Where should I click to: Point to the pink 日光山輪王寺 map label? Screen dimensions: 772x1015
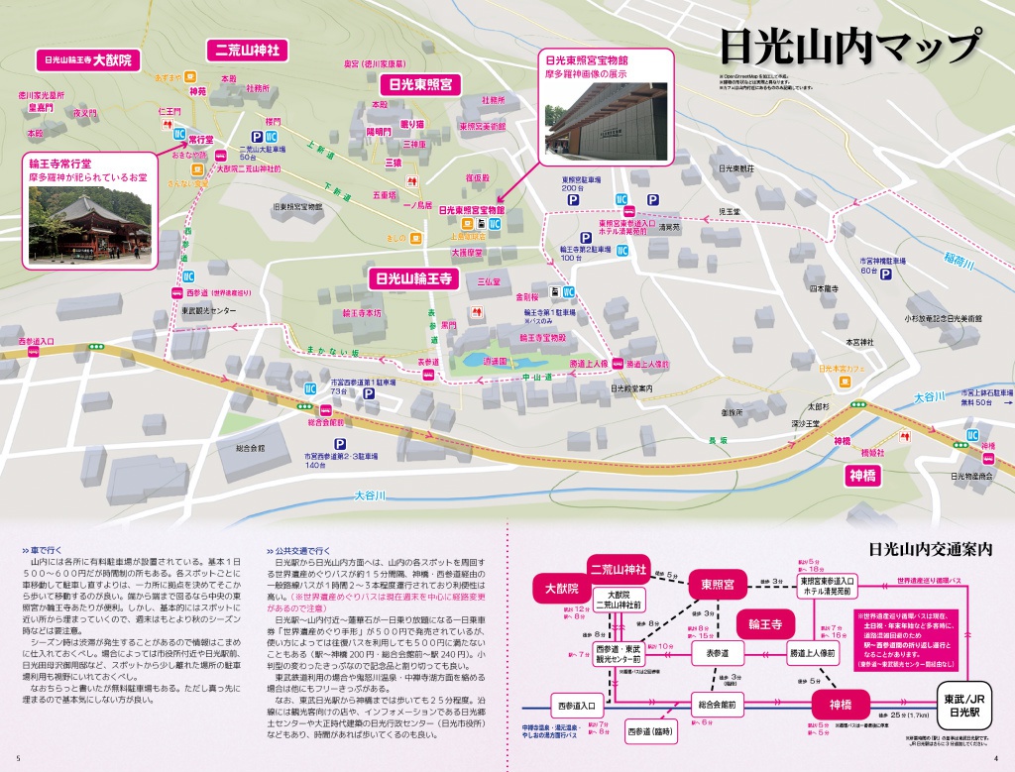coord(410,278)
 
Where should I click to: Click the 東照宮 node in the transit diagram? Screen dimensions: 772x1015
coord(717,585)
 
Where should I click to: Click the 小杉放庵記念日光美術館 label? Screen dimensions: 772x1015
coord(942,319)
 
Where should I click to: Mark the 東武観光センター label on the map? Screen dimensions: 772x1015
coord(209,310)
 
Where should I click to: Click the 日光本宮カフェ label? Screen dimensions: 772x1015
coord(844,369)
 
